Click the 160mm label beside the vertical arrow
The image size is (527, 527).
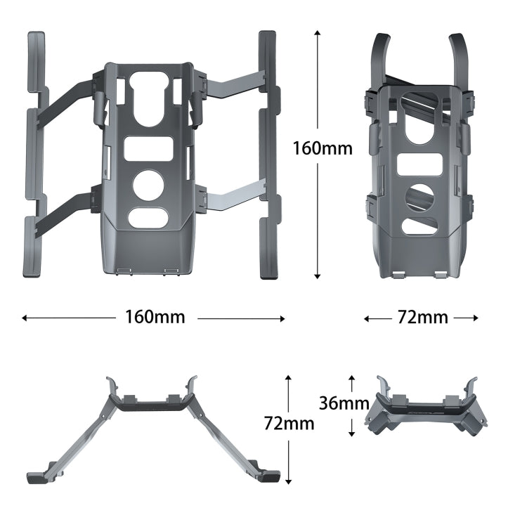(323, 148)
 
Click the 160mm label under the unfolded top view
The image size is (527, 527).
(155, 317)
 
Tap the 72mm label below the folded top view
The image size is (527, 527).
(422, 318)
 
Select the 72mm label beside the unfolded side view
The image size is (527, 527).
(289, 423)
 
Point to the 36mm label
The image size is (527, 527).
(344, 403)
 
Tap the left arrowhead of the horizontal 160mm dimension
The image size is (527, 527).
(25, 318)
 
